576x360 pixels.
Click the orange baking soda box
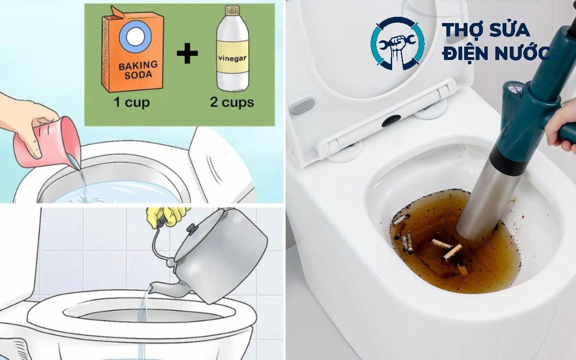[x=132, y=53]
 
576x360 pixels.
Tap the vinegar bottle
[x=232, y=53]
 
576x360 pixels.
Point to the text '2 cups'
[x=232, y=102]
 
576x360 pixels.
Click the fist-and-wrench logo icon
[x=397, y=43]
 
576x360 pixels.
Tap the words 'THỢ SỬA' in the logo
[x=486, y=30]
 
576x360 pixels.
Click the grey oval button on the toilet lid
[x=302, y=106]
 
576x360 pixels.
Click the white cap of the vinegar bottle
[x=232, y=10]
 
